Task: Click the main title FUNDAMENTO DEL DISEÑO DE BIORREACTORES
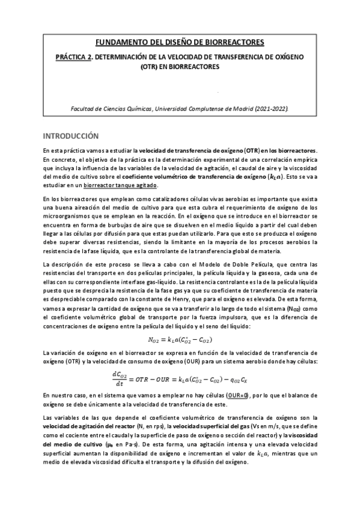click(x=180, y=42)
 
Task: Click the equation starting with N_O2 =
click(x=179, y=340)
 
